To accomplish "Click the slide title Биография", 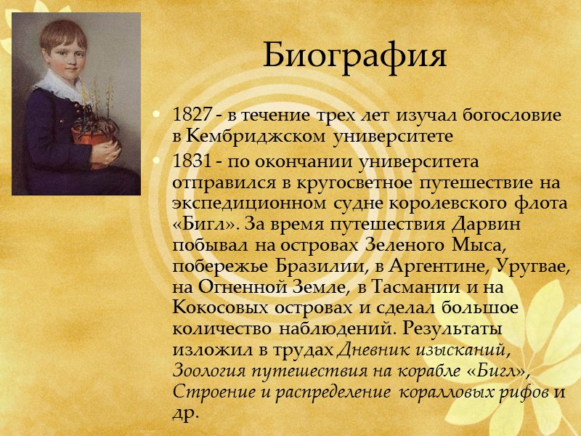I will pyautogui.click(x=354, y=55).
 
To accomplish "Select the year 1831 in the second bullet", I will pyautogui.click(x=188, y=159).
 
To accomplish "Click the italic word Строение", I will pyautogui.click(x=206, y=392).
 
